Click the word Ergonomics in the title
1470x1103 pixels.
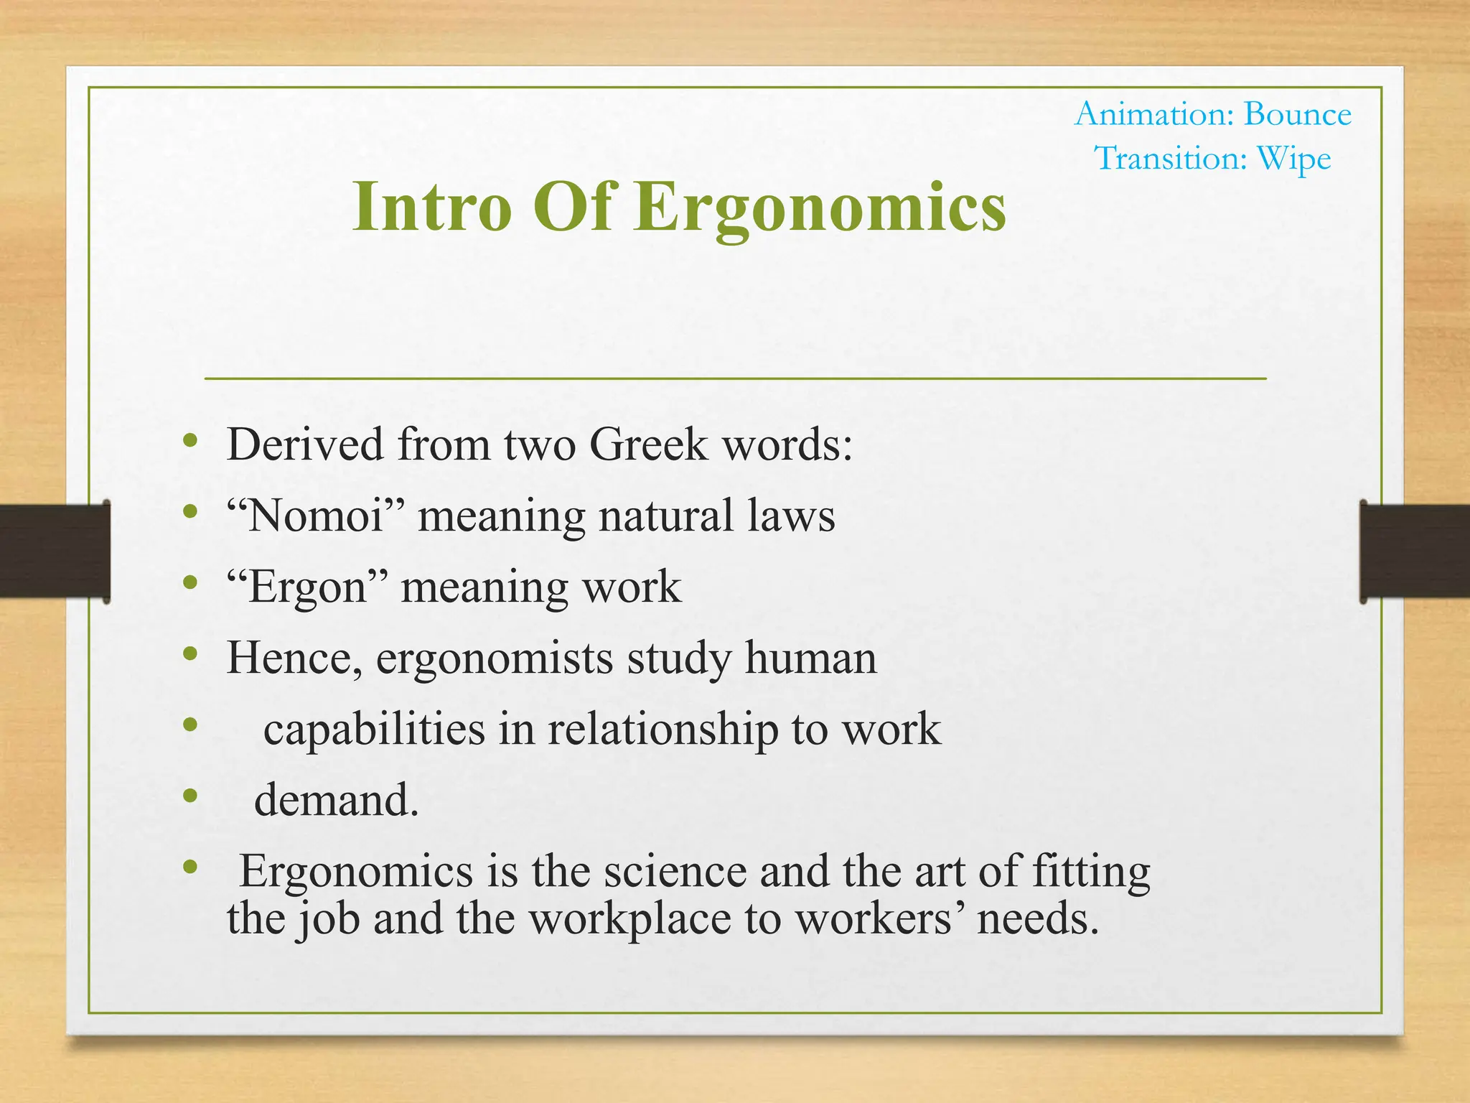(x=820, y=208)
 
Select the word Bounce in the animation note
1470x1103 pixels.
(x=1297, y=115)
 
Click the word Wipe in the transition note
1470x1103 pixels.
(x=1293, y=159)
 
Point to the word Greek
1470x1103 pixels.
(x=648, y=445)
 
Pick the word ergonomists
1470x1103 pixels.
(x=495, y=658)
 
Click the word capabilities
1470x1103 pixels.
(x=374, y=730)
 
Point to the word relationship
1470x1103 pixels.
(x=663, y=730)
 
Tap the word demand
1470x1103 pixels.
(x=336, y=801)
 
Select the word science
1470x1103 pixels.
(x=675, y=872)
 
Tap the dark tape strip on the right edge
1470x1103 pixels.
(x=1414, y=551)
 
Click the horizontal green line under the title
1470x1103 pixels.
(x=735, y=378)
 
